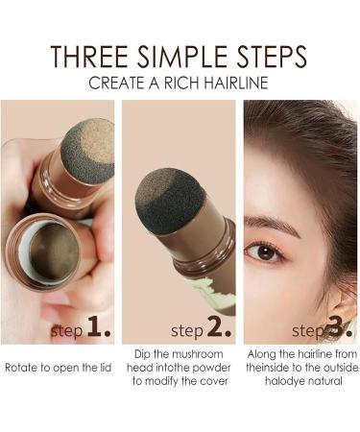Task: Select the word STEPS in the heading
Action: (x=269, y=55)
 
